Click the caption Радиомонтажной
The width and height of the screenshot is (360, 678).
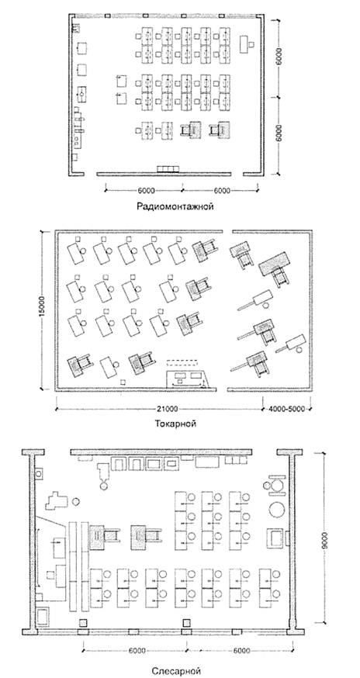point(175,206)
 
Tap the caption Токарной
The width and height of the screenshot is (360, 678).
point(175,424)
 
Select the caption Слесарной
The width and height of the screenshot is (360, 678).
point(177,671)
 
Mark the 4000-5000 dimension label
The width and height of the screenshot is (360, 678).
point(288,409)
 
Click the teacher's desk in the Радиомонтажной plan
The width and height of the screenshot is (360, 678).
point(245,44)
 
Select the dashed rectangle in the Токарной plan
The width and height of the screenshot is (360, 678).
point(182,361)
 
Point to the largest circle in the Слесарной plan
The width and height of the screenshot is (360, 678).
point(278,509)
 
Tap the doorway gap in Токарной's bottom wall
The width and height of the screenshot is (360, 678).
point(222,389)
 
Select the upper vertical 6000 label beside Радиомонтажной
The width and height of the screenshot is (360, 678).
point(279,56)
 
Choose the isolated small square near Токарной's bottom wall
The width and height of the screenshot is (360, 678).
point(123,382)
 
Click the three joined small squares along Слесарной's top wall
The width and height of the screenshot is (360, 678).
point(234,460)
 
